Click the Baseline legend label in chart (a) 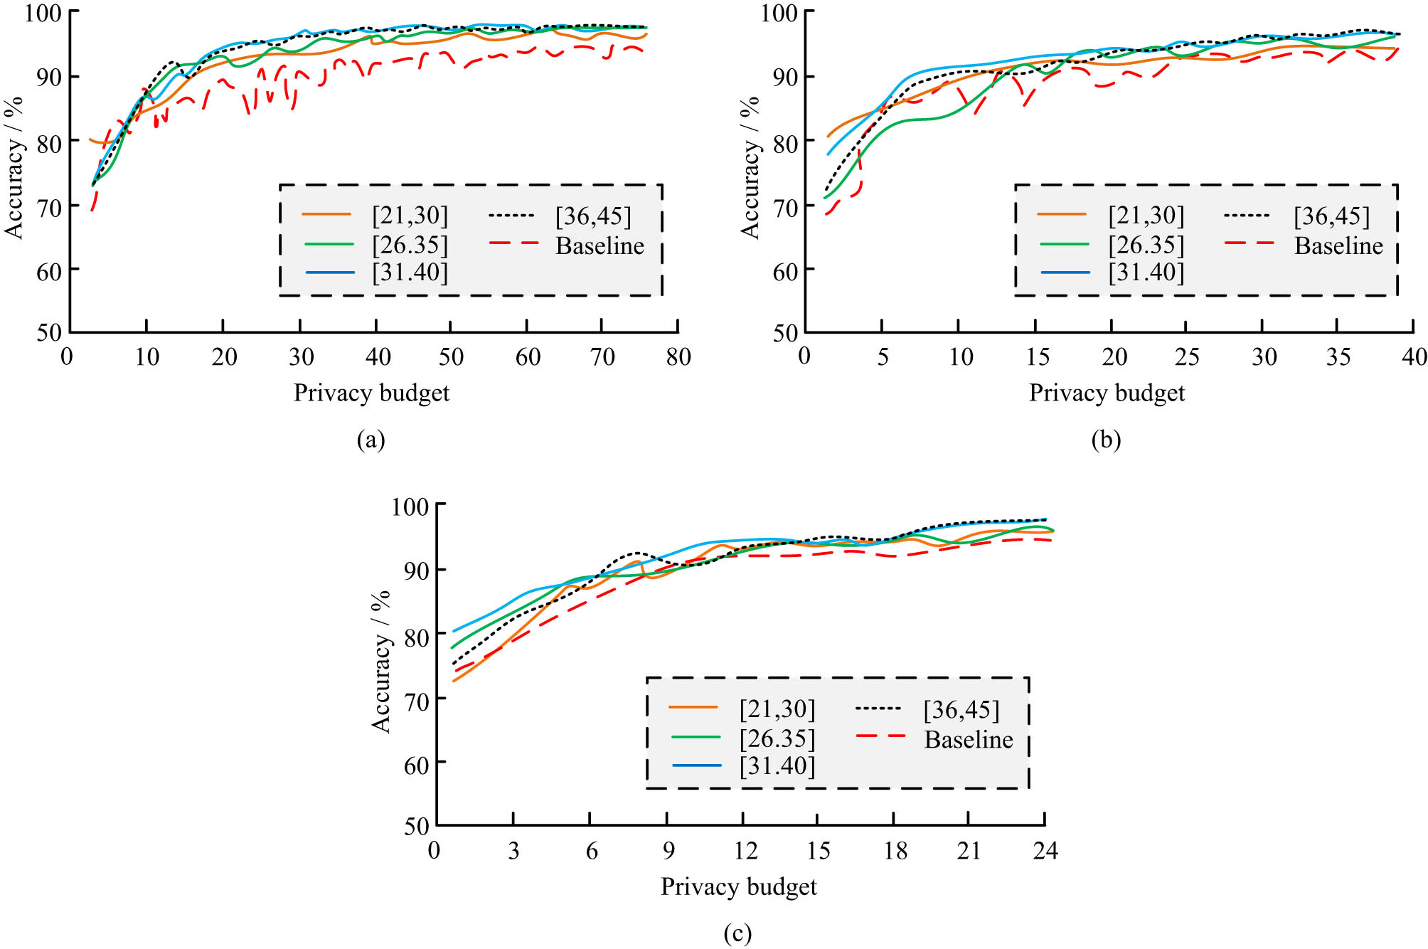tap(600, 245)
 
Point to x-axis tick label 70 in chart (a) tap(602, 356)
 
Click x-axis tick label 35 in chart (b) tap(1338, 356)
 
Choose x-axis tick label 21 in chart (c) tap(968, 850)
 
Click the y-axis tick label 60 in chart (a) tap(48, 272)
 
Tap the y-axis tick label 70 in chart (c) tap(416, 701)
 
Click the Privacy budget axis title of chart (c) tap(738, 886)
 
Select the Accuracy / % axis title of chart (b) tap(750, 168)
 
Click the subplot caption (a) tap(371, 440)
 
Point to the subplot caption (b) tap(1106, 440)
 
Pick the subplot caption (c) tap(737, 933)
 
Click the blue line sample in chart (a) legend tap(329, 272)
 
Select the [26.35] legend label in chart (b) tap(1146, 245)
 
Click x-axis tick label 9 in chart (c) tap(668, 850)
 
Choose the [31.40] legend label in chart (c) tap(777, 766)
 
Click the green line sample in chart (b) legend tap(1064, 244)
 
